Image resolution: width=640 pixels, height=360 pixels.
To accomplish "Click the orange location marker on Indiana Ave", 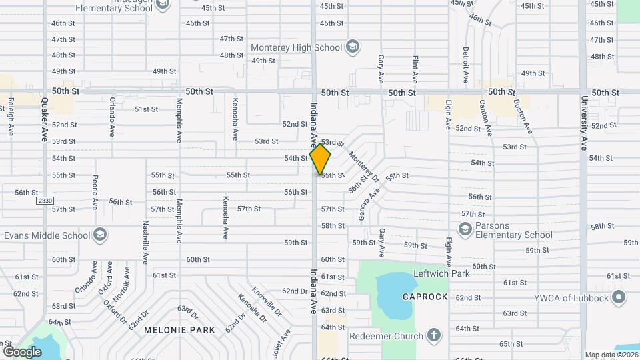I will pyautogui.click(x=321, y=159).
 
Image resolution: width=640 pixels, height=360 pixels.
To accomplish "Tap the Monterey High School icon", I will pyautogui.click(x=353, y=47).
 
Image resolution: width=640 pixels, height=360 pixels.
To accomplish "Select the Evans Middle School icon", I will pyautogui.click(x=99, y=235).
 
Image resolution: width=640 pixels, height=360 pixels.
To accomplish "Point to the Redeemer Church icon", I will pyautogui.click(x=433, y=335).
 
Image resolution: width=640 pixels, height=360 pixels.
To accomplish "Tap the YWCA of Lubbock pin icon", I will pyautogui.click(x=619, y=297).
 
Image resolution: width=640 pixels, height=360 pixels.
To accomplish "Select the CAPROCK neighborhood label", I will pyautogui.click(x=425, y=297).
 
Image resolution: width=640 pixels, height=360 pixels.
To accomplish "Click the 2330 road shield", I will pyautogui.click(x=45, y=201).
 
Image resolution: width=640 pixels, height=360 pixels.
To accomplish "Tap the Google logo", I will pyautogui.click(x=22, y=351).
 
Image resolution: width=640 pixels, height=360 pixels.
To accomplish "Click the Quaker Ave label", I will pyautogui.click(x=45, y=117).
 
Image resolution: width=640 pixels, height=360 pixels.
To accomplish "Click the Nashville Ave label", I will pyautogui.click(x=145, y=242).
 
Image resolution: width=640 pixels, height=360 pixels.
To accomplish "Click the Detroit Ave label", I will pyautogui.click(x=466, y=63).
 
